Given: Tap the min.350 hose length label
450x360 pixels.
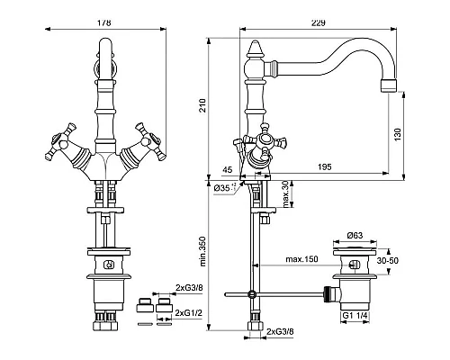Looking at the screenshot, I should pyautogui.click(x=204, y=255).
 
